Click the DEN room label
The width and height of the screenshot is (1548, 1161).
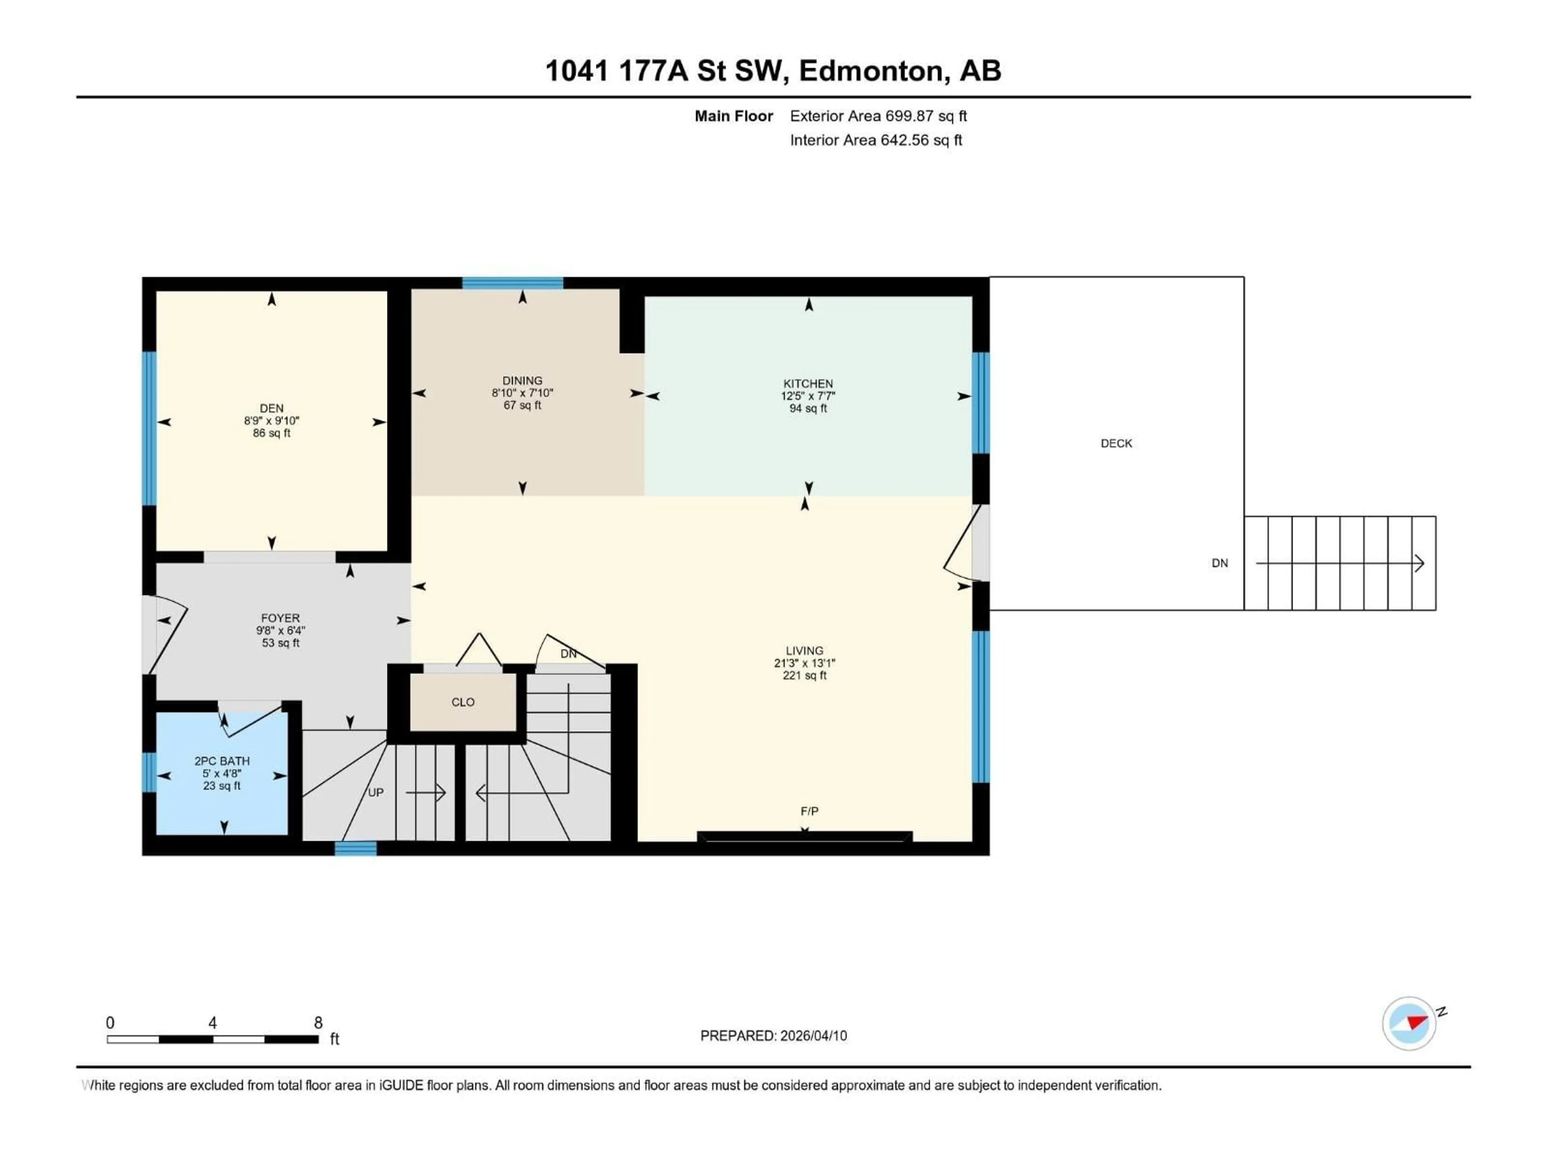(x=272, y=408)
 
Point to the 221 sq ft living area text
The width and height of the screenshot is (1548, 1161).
(x=804, y=675)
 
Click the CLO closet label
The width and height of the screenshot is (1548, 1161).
(x=462, y=702)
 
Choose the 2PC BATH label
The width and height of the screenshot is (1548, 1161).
(x=222, y=761)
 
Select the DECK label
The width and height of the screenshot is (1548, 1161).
(x=1116, y=443)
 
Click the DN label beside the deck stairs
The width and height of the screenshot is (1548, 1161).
(x=1220, y=563)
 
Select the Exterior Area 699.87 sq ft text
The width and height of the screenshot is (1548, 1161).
(x=878, y=116)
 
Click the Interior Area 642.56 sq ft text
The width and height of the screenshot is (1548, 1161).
(x=876, y=140)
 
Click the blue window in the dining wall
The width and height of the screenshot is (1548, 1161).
(x=512, y=283)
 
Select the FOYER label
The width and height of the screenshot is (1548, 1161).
(x=280, y=618)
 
